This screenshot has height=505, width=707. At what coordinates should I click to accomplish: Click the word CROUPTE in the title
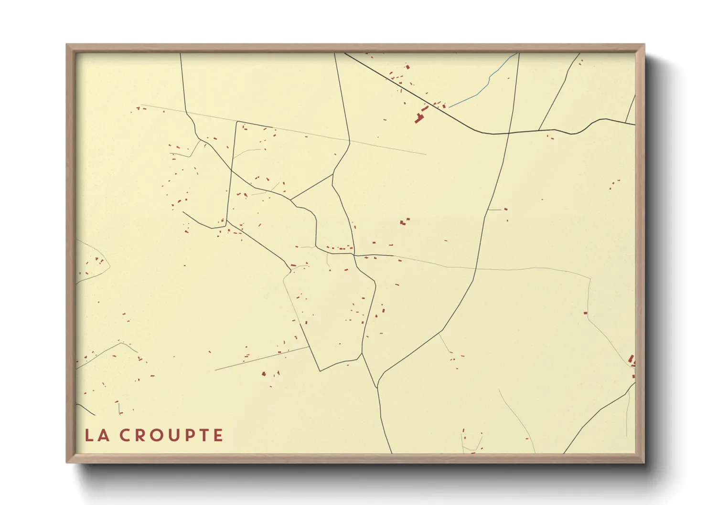tap(171, 435)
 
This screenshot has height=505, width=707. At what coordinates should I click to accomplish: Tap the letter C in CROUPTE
tap(125, 435)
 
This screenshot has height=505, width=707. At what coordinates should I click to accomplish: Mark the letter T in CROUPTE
tap(203, 435)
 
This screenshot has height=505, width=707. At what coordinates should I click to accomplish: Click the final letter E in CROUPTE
tap(218, 435)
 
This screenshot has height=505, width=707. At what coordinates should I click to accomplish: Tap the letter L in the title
tap(89, 435)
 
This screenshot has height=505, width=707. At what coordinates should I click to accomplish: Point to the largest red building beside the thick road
tap(419, 117)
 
